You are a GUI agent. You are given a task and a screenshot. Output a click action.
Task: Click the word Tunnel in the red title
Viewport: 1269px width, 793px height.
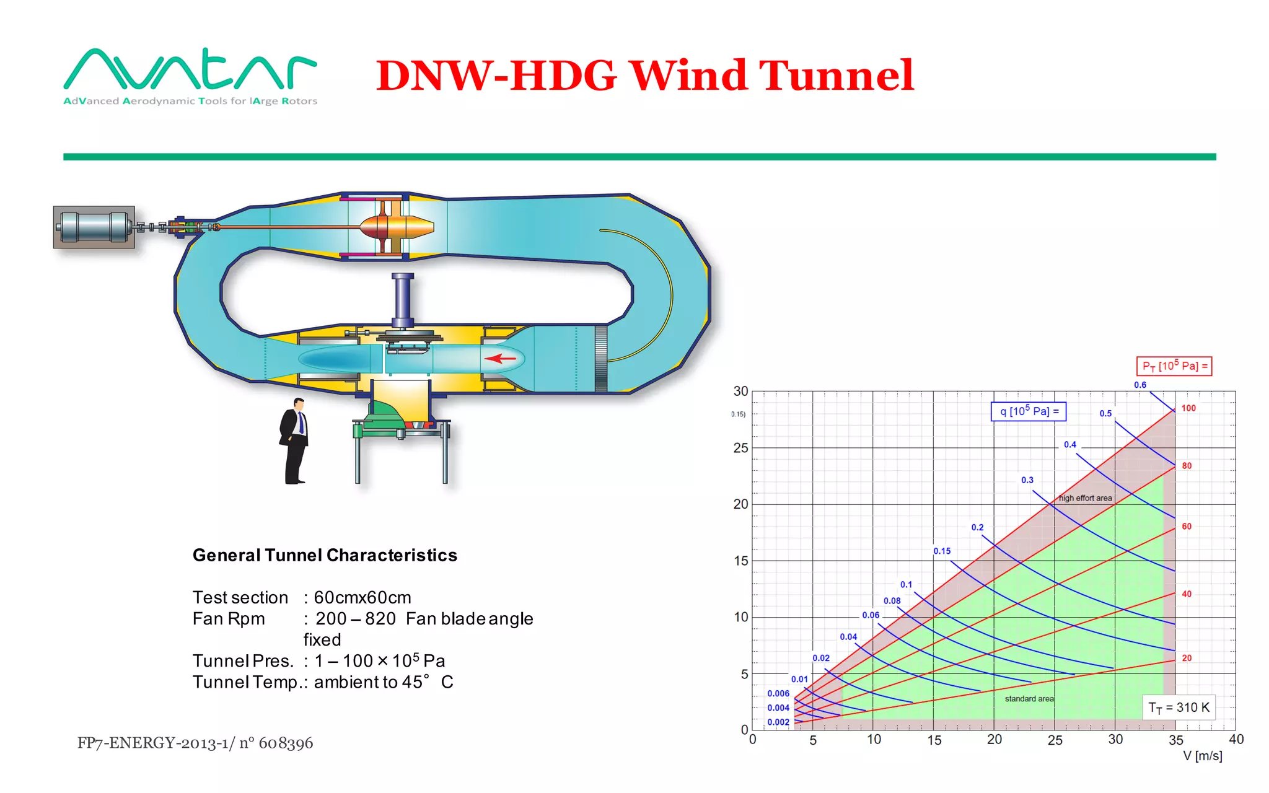click(836, 76)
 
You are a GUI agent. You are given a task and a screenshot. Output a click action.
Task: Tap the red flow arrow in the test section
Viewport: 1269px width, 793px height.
click(500, 358)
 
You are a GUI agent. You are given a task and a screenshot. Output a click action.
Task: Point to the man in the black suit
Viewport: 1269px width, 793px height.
click(294, 440)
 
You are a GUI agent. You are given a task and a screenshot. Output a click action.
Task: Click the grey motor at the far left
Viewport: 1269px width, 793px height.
click(94, 227)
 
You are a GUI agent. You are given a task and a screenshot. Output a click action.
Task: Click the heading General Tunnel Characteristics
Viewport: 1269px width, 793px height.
click(325, 555)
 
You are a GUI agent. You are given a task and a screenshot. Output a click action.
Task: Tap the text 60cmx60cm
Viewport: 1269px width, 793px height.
click(362, 597)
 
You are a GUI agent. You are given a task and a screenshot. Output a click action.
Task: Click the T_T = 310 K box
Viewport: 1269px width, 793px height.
click(1179, 708)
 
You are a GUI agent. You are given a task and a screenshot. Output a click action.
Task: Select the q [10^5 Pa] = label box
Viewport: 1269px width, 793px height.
click(1029, 411)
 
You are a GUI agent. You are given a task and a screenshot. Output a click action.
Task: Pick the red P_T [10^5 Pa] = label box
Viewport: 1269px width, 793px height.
click(1174, 366)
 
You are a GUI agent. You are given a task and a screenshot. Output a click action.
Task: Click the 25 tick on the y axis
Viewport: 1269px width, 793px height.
click(740, 448)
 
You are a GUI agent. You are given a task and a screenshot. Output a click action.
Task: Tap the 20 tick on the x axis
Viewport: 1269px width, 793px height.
click(994, 740)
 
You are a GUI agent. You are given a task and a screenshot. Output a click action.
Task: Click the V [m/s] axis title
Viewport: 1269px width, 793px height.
click(1202, 756)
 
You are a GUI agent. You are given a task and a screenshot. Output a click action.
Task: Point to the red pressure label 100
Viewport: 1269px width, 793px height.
click(1188, 408)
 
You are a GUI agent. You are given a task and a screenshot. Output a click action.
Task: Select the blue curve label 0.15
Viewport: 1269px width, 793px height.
click(942, 551)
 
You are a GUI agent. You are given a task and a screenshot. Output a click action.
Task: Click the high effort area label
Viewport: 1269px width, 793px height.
click(1085, 498)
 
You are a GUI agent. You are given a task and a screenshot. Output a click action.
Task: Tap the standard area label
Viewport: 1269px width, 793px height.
click(1029, 699)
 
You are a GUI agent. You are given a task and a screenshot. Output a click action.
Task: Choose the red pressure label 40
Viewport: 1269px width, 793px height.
click(1186, 594)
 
